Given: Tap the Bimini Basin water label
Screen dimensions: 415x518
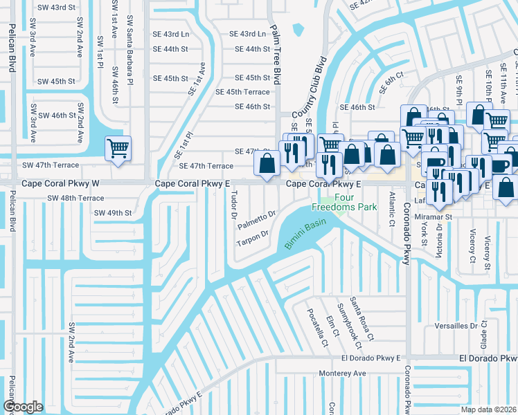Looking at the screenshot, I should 305,234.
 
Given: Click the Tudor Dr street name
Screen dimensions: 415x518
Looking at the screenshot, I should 233,205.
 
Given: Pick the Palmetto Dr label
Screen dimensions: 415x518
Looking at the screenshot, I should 257,220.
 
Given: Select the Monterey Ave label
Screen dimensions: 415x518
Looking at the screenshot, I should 341,373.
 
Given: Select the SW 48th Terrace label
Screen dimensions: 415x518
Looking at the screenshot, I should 75,198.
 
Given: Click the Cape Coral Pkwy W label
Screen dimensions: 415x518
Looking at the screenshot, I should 60,184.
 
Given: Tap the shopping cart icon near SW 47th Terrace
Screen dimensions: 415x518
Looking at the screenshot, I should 118,147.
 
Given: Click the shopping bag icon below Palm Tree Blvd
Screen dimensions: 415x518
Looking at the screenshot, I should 267,164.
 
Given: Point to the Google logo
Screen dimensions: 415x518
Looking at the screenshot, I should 23,407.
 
